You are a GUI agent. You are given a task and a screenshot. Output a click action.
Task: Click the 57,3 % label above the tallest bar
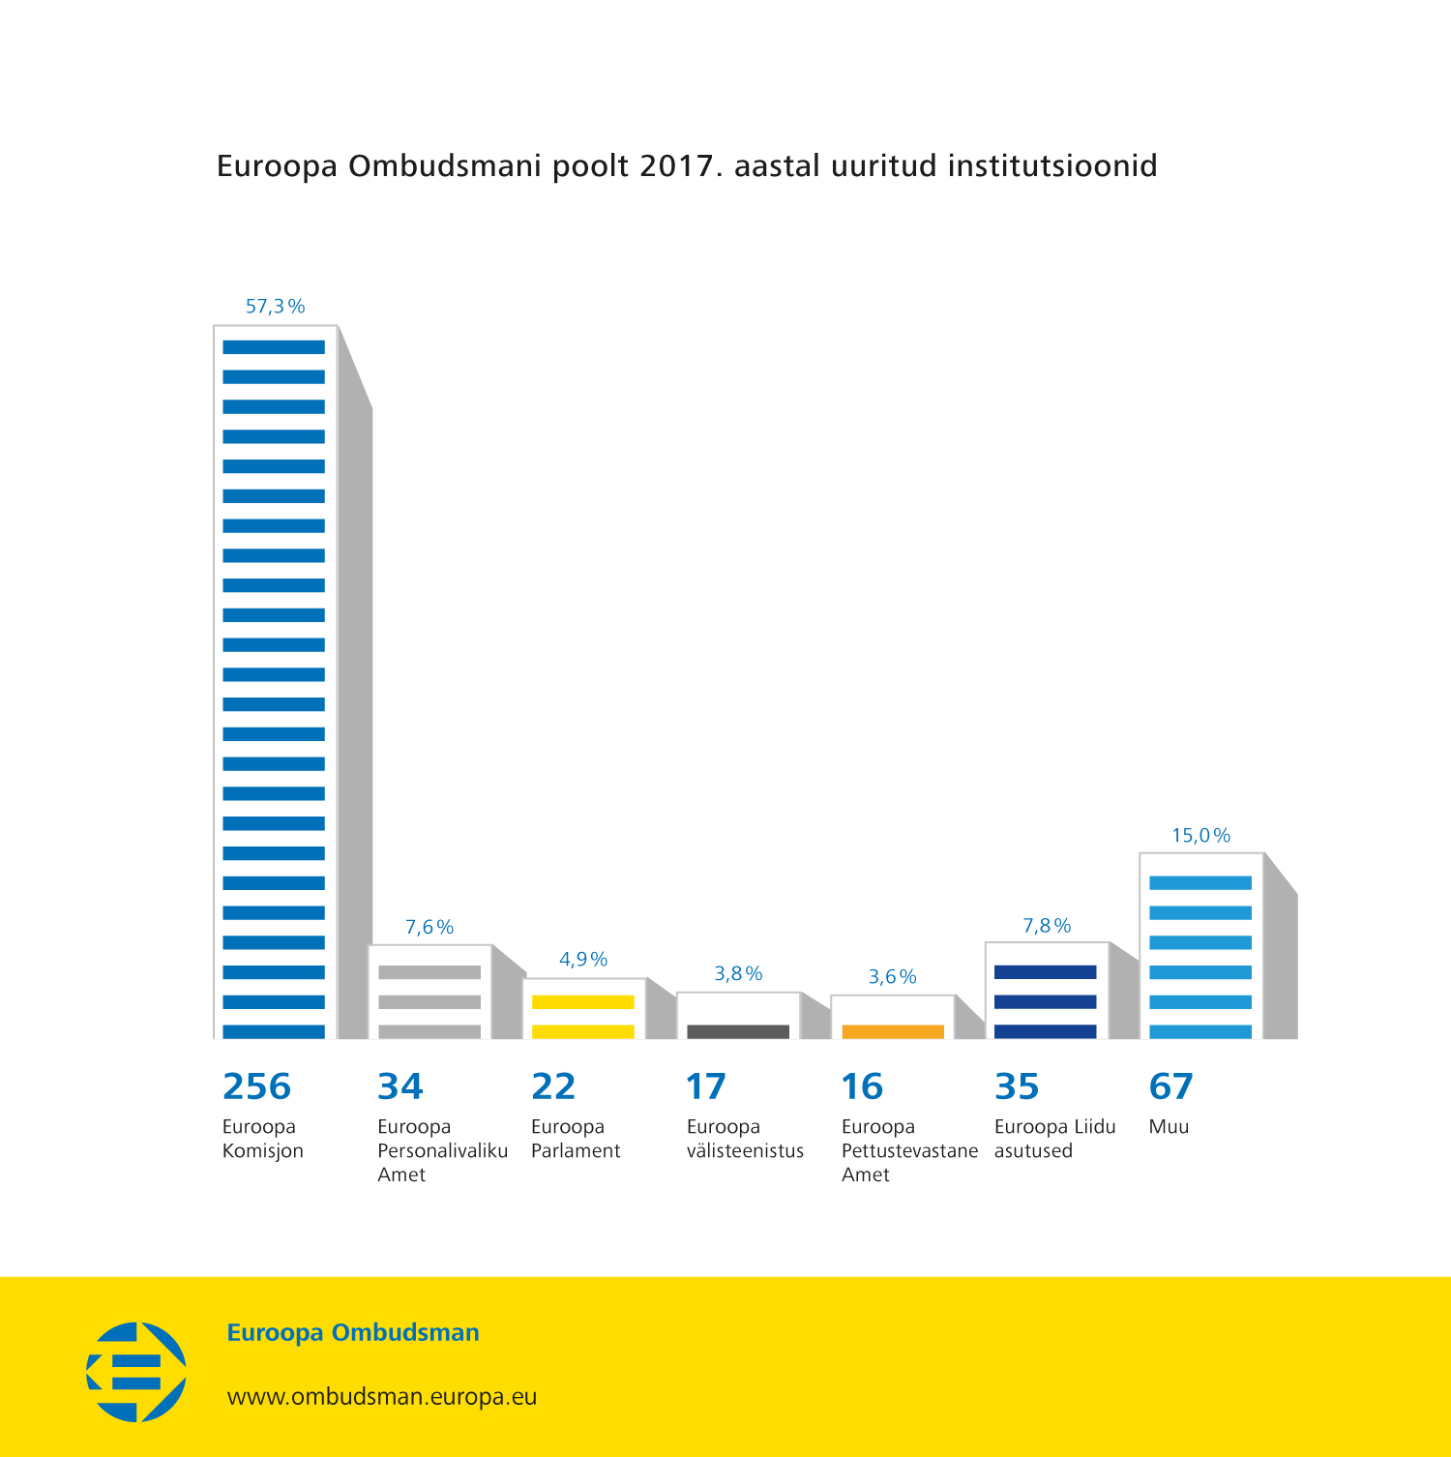(275, 307)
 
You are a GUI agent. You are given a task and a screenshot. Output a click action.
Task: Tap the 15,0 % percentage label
(1200, 835)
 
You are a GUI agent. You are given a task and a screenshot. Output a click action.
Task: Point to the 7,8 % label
(1047, 926)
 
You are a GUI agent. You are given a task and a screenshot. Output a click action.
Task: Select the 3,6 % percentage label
(892, 976)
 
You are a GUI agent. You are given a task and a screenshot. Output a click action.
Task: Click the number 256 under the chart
(256, 1086)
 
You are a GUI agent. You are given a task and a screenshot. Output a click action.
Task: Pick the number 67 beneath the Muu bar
(1170, 1086)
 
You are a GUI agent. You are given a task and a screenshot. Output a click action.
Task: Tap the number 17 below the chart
(705, 1086)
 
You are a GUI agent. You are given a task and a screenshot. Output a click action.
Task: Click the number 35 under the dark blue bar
(1017, 1086)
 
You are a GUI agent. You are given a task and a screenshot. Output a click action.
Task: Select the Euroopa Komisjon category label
(262, 1139)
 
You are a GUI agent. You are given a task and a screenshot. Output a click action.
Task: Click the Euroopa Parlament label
(576, 1139)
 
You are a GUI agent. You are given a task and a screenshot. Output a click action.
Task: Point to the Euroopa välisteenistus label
(745, 1139)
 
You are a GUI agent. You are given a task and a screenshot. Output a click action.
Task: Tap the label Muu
(1169, 1127)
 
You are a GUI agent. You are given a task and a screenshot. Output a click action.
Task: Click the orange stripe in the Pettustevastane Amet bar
(893, 1031)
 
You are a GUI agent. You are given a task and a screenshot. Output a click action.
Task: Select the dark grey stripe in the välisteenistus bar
(738, 1031)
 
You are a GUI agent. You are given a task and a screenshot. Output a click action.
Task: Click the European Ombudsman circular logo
(136, 1372)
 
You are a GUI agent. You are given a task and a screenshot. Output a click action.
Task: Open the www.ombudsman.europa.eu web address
(382, 1397)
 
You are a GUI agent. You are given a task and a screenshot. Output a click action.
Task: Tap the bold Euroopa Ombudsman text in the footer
(353, 1332)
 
